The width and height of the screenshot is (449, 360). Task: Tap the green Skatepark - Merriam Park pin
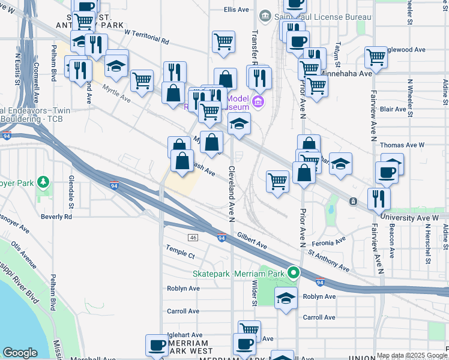point(294,273)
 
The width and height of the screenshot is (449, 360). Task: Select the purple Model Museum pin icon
point(259,102)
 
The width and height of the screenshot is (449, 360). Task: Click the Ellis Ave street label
point(236,10)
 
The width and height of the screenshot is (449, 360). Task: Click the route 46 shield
point(193,238)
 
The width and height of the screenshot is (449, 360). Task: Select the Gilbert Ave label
point(252,241)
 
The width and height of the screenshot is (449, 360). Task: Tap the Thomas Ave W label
point(402,145)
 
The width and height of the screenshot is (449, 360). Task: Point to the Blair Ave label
point(393,109)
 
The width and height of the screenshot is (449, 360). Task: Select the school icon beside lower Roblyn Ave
point(286,298)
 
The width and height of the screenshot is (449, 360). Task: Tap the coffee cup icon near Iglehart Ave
point(157,345)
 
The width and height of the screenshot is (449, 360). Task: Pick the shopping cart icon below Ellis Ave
point(223,42)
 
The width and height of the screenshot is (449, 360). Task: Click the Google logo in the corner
point(20,353)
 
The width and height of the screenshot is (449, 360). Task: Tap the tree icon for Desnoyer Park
point(43,181)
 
